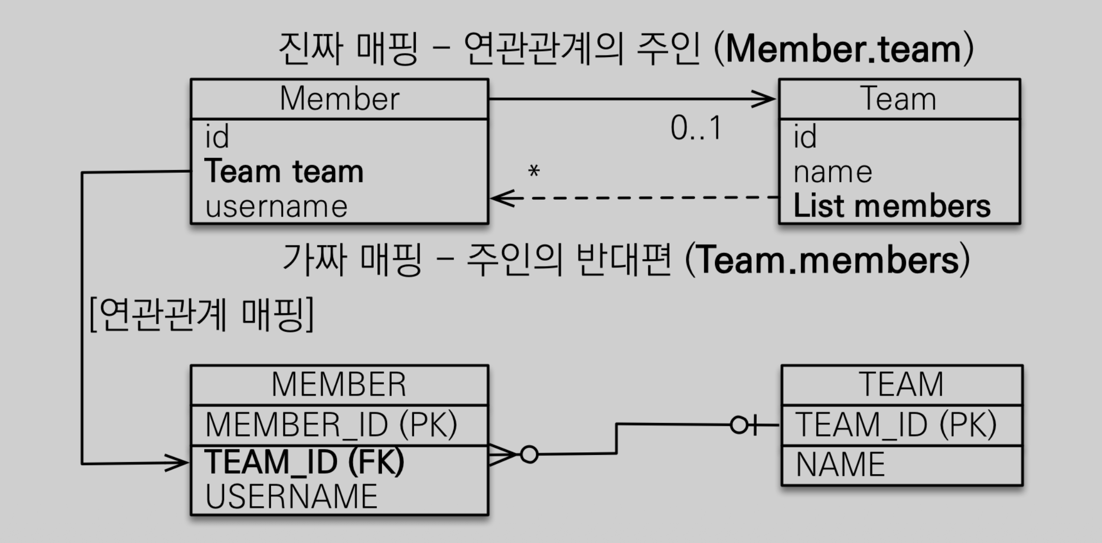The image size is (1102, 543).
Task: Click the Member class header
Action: pyautogui.click(x=339, y=99)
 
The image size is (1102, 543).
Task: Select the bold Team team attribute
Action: pyautogui.click(x=284, y=172)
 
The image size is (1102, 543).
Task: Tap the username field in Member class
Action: pyautogui.click(x=276, y=207)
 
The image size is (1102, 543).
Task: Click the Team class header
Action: pyautogui.click(x=899, y=99)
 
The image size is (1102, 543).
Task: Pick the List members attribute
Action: pyautogui.click(x=892, y=206)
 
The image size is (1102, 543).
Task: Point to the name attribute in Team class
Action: pyautogui.click(x=833, y=172)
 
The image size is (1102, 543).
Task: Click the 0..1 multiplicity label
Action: pyautogui.click(x=696, y=128)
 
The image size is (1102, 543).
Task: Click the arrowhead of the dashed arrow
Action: pyautogui.click(x=502, y=198)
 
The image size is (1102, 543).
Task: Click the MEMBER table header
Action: pyautogui.click(x=339, y=385)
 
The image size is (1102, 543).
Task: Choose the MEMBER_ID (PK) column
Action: pyautogui.click(x=331, y=425)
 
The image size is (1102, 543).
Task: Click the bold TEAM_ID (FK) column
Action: pyautogui.click(x=305, y=461)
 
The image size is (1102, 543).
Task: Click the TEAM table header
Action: pyautogui.click(x=901, y=385)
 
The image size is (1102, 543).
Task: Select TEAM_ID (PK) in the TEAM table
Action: pyautogui.click(x=896, y=425)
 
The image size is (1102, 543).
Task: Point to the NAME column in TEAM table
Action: pyautogui.click(x=840, y=465)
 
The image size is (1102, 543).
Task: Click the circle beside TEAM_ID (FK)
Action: pyautogui.click(x=529, y=454)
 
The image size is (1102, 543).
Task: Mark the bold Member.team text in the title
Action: pyautogui.click(x=843, y=49)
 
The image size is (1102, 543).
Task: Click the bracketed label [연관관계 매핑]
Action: pyautogui.click(x=202, y=314)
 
